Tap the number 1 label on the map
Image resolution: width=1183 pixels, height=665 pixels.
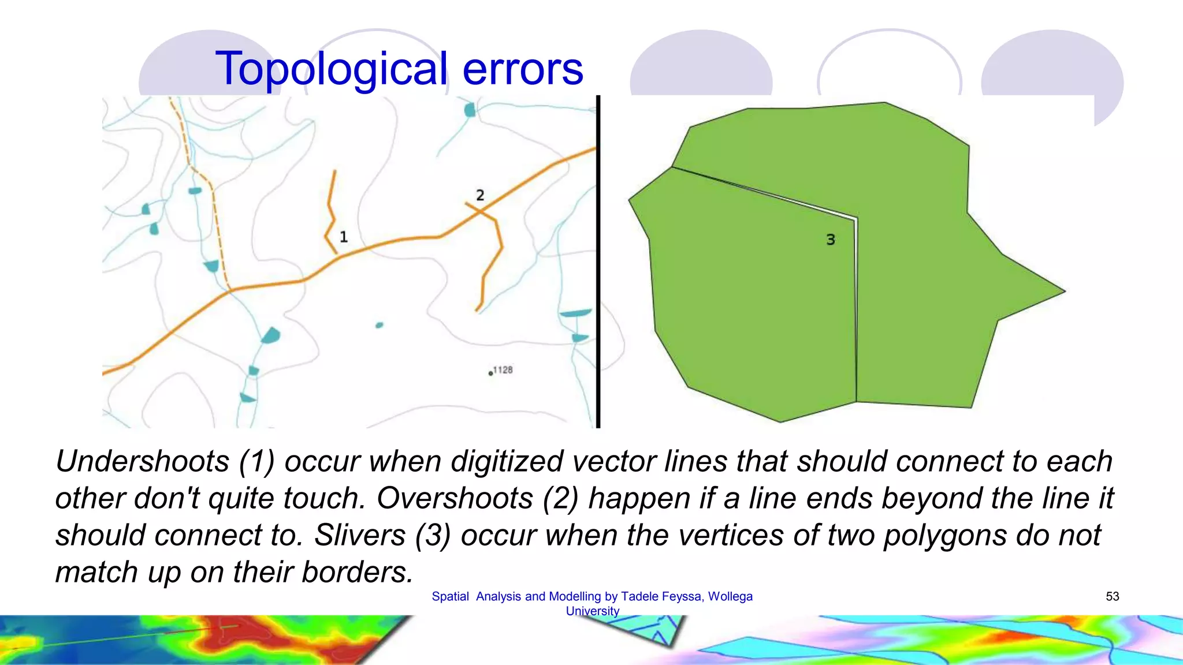(x=344, y=237)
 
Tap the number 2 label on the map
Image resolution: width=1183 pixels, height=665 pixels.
(x=480, y=195)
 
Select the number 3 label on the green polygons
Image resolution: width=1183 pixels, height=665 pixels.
(x=831, y=240)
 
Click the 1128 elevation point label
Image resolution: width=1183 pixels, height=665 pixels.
(x=502, y=370)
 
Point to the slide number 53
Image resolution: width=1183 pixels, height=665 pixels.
(x=1113, y=596)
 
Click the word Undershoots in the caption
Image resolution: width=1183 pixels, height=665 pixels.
(x=143, y=462)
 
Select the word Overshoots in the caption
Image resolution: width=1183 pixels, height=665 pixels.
(x=455, y=499)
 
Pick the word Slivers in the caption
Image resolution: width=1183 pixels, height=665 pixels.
(x=359, y=536)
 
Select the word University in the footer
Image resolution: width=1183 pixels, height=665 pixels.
(x=593, y=611)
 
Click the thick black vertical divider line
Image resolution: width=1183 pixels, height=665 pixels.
(x=598, y=260)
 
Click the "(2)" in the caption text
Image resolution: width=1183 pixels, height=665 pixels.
(x=560, y=499)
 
